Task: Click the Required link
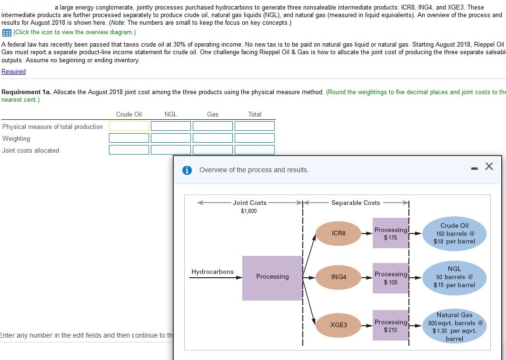(x=14, y=71)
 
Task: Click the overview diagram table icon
(x=7, y=32)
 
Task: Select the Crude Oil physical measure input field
(x=129, y=126)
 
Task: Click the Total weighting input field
(x=254, y=138)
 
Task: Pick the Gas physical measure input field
(x=212, y=126)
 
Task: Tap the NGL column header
(x=170, y=114)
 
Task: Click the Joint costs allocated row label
(x=31, y=150)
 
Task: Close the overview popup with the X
(x=489, y=166)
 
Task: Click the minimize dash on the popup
(x=474, y=167)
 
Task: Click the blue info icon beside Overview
(x=188, y=170)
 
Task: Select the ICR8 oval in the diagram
(x=338, y=234)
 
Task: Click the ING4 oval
(x=338, y=277)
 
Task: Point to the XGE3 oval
(x=338, y=325)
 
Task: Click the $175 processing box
(x=390, y=233)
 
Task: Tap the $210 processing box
(x=390, y=325)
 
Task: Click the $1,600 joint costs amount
(x=248, y=211)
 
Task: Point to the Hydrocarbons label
(x=212, y=272)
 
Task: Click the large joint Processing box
(x=272, y=278)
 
